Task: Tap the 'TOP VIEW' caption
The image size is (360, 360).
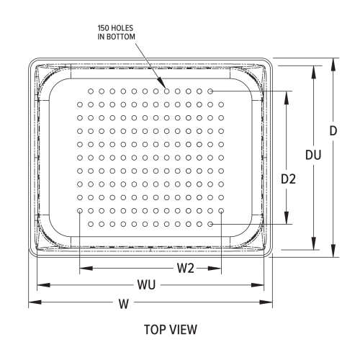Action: pyautogui.click(x=175, y=330)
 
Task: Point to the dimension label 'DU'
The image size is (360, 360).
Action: pyautogui.click(x=313, y=155)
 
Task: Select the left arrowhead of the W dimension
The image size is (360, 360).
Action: pyautogui.click(x=32, y=303)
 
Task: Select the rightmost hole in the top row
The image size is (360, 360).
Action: pyautogui.click(x=210, y=91)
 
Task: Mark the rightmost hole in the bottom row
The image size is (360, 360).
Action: pyautogui.click(x=210, y=224)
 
